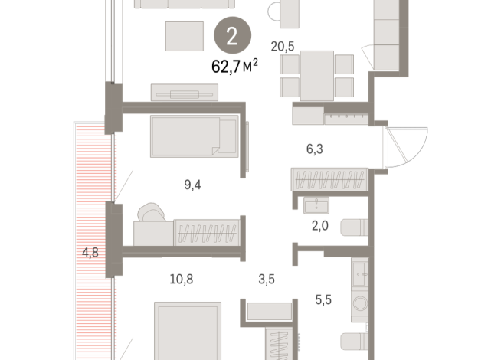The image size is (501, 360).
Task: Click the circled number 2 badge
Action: [232, 35]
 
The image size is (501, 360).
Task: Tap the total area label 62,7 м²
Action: [234, 66]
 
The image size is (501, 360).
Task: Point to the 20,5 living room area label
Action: [283, 47]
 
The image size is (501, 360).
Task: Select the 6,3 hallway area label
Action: [315, 149]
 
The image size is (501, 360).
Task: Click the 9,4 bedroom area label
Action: [192, 185]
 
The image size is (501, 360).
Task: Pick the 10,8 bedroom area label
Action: [181, 279]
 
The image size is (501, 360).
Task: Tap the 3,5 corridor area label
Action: [267, 279]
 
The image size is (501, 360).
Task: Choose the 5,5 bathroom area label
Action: [323, 300]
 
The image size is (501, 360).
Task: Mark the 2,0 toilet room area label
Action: [320, 226]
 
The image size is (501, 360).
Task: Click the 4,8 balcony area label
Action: [90, 253]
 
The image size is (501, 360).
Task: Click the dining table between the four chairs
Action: [316, 76]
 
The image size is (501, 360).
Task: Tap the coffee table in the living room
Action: [185, 36]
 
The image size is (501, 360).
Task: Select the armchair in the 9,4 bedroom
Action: [151, 212]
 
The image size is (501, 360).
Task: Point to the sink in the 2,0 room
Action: [316, 205]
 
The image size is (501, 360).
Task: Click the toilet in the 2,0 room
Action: [355, 227]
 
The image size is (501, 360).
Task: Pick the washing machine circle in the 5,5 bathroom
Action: [360, 303]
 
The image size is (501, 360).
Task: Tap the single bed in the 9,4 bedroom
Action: [195, 136]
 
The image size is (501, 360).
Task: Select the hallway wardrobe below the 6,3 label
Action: [329, 179]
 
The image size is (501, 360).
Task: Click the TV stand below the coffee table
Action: [185, 93]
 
